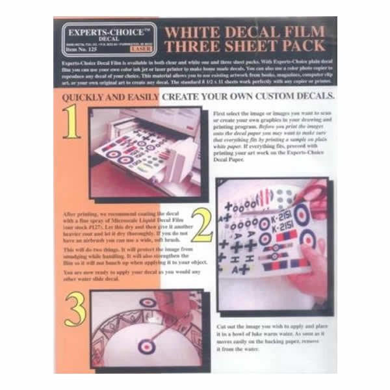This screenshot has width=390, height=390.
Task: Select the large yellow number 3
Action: pos(75,311)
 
